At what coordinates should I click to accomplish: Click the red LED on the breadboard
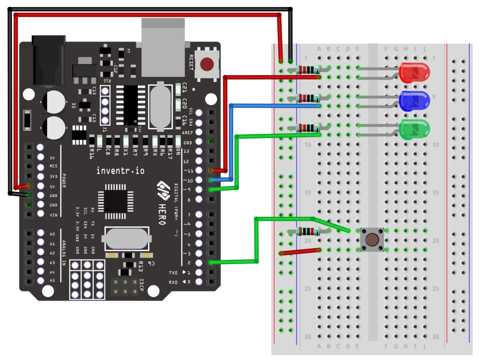(414, 72)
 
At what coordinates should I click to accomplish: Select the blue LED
(414, 101)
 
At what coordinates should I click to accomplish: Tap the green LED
(414, 129)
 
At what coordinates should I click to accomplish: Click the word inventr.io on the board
(121, 170)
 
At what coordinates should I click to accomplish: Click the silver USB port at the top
(165, 47)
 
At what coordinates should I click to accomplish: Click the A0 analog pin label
(52, 234)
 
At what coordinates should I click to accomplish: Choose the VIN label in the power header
(53, 215)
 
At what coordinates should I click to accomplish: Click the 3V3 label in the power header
(53, 176)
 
